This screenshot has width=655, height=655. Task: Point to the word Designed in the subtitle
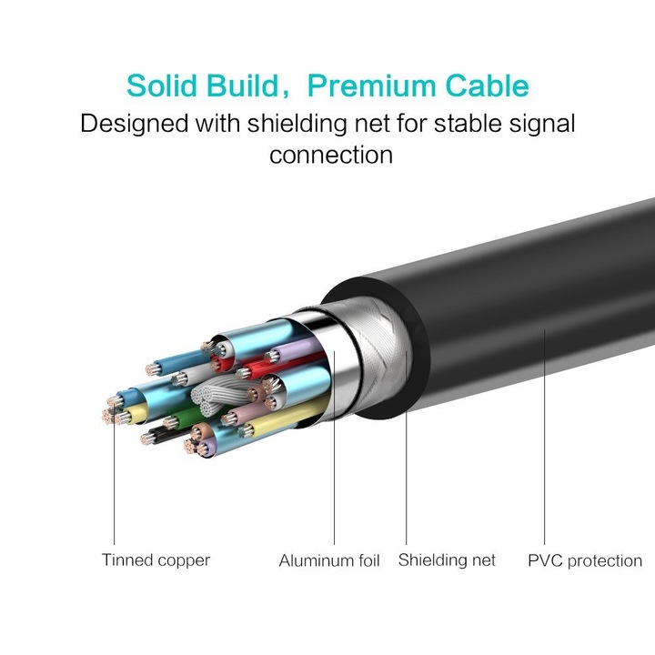(x=134, y=124)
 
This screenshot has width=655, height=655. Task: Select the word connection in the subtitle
(x=331, y=155)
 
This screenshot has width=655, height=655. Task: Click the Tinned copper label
(x=156, y=560)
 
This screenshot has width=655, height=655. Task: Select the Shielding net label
(x=447, y=560)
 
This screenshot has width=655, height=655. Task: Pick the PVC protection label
(x=585, y=560)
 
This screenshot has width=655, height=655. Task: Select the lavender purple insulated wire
(x=298, y=349)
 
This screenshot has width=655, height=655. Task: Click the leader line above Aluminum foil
(x=334, y=455)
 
